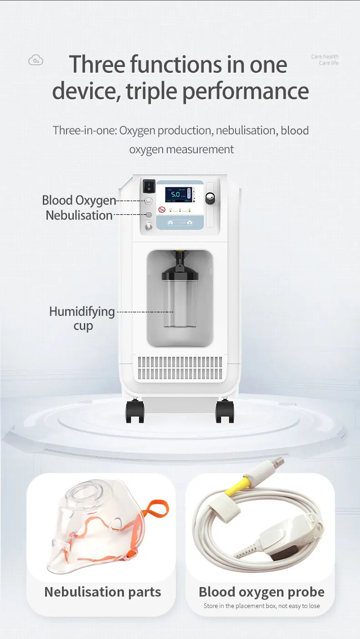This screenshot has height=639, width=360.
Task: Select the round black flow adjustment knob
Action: pos(210,199)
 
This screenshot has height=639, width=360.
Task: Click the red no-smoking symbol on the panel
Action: pos(161,210)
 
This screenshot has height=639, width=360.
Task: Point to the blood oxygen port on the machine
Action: pos(149,201)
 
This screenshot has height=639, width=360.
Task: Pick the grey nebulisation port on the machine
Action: pos(149,214)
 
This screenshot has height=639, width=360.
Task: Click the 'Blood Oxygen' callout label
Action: pos(79,200)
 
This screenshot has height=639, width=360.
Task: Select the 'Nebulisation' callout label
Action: pos(79,215)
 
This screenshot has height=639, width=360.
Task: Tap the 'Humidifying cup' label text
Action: pos(82,318)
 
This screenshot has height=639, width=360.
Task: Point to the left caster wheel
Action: pos(135,412)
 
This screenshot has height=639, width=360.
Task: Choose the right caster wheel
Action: pos(225,412)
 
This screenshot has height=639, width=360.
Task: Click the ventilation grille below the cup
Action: pos(180,368)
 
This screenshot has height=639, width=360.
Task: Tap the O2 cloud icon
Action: pos(36,60)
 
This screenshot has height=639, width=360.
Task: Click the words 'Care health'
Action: pos(325,57)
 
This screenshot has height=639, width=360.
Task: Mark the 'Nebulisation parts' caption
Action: pos(103,592)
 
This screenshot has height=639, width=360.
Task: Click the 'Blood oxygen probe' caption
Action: pos(262,592)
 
